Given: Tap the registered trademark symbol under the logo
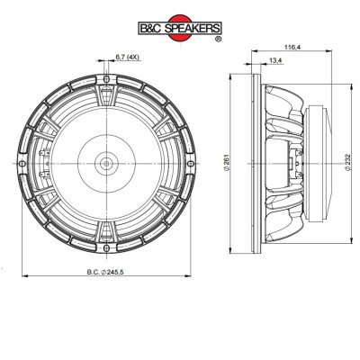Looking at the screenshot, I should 219,39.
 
